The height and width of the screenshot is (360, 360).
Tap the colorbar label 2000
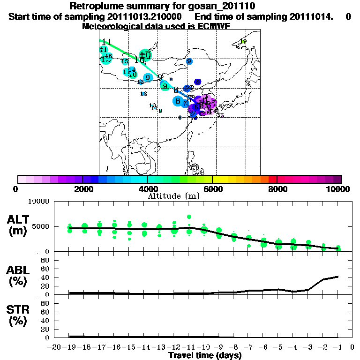(82, 189)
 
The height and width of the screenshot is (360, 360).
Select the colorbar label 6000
(212, 189)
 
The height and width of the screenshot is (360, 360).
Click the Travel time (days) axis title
(205, 355)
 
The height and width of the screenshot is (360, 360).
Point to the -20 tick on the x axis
(55, 347)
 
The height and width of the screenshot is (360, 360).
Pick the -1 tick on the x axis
(338, 347)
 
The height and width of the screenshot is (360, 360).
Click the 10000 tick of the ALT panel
(40, 202)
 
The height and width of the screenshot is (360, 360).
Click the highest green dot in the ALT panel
(189, 217)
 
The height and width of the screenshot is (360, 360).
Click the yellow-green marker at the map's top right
(243, 42)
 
